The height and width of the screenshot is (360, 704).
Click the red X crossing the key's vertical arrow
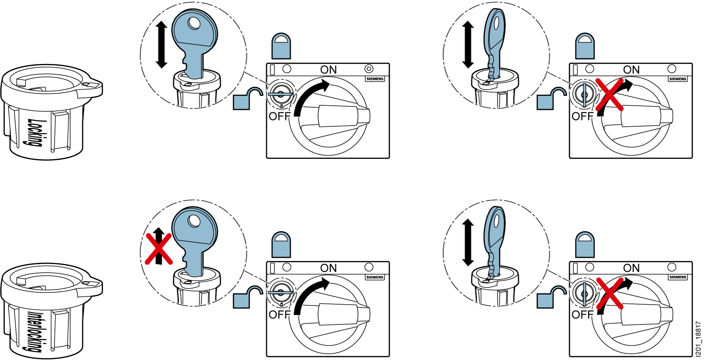point(158,249)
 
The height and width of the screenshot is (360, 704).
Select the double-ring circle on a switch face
point(369,69)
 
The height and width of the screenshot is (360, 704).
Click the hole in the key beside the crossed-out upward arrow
point(194,221)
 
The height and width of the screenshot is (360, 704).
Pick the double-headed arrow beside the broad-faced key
point(161,44)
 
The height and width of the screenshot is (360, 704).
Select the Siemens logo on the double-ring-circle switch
point(375,79)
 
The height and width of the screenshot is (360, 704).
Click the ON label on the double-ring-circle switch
point(328,70)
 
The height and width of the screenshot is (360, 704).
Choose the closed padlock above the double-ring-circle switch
point(281,46)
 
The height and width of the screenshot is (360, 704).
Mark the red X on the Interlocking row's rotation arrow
point(610,293)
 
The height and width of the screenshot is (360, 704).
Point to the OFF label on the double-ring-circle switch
point(280,116)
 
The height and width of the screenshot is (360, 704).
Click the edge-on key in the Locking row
point(495,43)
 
